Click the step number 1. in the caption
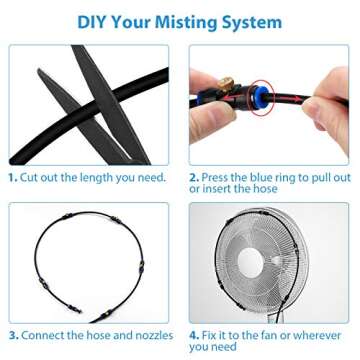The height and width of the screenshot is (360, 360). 13,177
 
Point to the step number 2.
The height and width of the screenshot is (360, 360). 194,177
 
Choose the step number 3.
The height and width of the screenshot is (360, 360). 13,334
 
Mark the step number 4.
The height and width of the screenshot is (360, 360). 194,334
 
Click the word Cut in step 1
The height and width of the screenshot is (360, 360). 31,177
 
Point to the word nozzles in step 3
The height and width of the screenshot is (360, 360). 148,334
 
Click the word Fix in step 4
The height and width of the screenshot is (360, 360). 211,334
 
